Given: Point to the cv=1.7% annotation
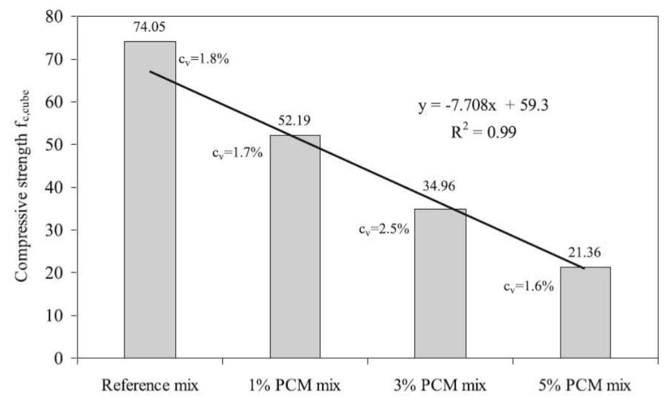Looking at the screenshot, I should (237, 154).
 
